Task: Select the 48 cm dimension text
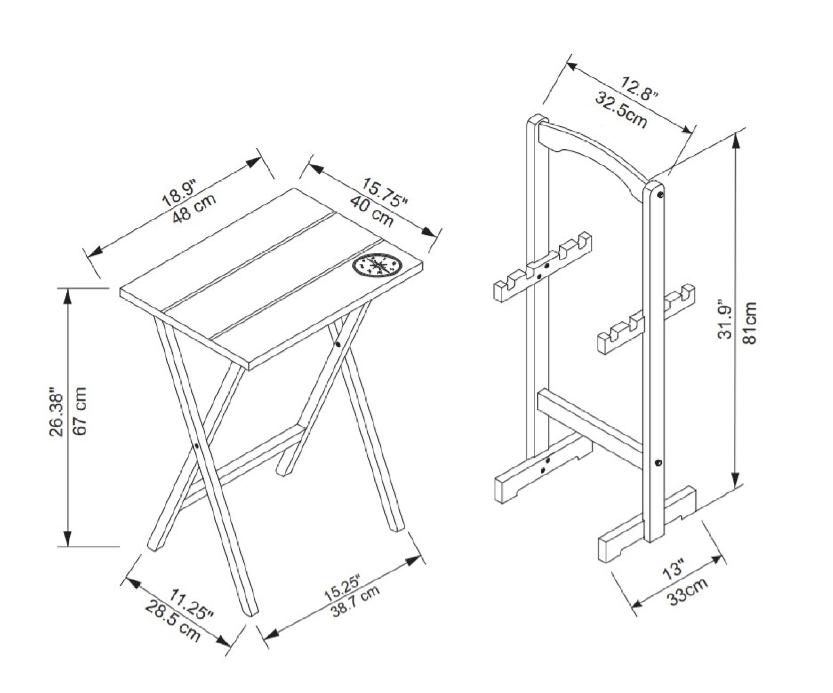coord(195,209)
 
